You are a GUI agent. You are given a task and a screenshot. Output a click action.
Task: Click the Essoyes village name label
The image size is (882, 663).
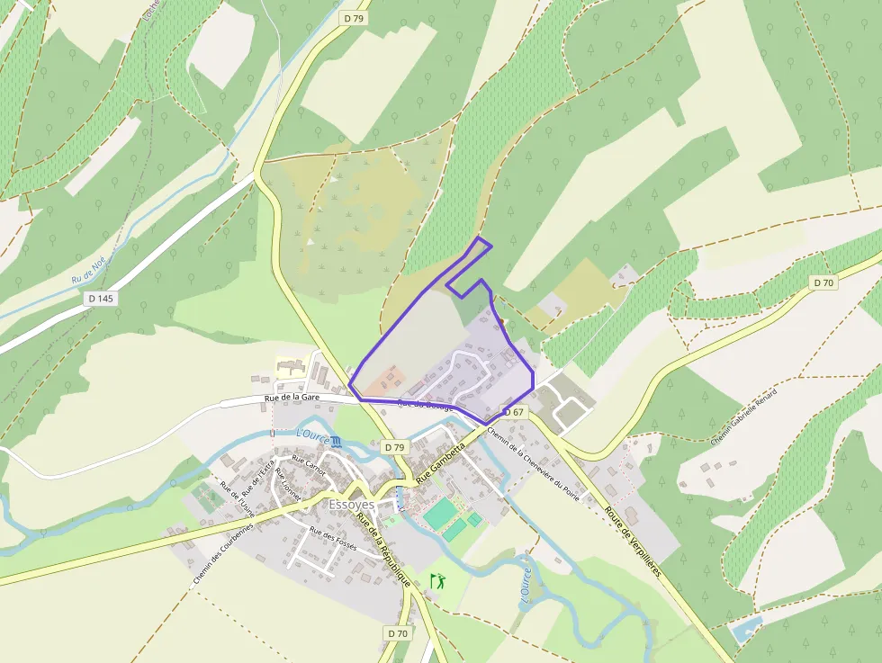pyautogui.click(x=352, y=505)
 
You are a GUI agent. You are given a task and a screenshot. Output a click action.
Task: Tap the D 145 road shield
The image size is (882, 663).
pyautogui.click(x=102, y=298)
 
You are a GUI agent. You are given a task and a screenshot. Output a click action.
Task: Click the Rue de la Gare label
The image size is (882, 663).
pyautogui.click(x=292, y=397)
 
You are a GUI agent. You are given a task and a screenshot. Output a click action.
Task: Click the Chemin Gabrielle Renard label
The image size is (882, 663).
pyautogui.click(x=742, y=413)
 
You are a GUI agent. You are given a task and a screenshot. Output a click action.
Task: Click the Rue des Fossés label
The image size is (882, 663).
pyautogui.click(x=333, y=538)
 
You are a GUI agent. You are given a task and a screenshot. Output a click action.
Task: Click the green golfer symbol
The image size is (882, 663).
pyautogui.click(x=439, y=581)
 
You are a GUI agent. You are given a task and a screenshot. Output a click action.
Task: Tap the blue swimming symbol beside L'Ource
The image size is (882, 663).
pyautogui.click(x=336, y=442)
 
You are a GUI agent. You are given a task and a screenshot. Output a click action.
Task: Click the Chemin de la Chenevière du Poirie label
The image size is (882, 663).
pyautogui.click(x=534, y=461)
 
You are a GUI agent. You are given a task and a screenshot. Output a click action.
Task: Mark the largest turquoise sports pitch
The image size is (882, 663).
pyautogui.click(x=440, y=514)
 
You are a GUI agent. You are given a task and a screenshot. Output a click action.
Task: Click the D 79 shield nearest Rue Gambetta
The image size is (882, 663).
pyautogui.click(x=393, y=447)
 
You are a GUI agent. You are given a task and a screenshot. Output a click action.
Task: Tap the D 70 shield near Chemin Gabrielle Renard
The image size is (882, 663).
pyautogui.click(x=823, y=282)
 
